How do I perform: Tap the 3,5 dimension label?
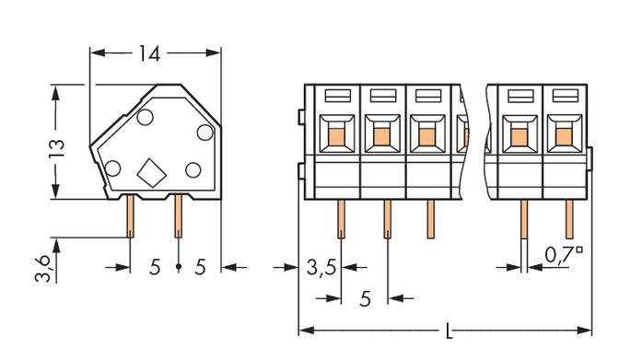tap(321, 269)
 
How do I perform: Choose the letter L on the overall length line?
tap(448, 331)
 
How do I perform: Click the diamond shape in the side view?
tap(148, 170)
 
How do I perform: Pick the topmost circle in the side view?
tap(146, 117)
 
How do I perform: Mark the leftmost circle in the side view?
tap(112, 168)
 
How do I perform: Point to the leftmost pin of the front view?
tap(341, 219)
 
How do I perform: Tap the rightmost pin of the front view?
tap(568, 219)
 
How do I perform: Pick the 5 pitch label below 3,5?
tap(366, 298)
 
